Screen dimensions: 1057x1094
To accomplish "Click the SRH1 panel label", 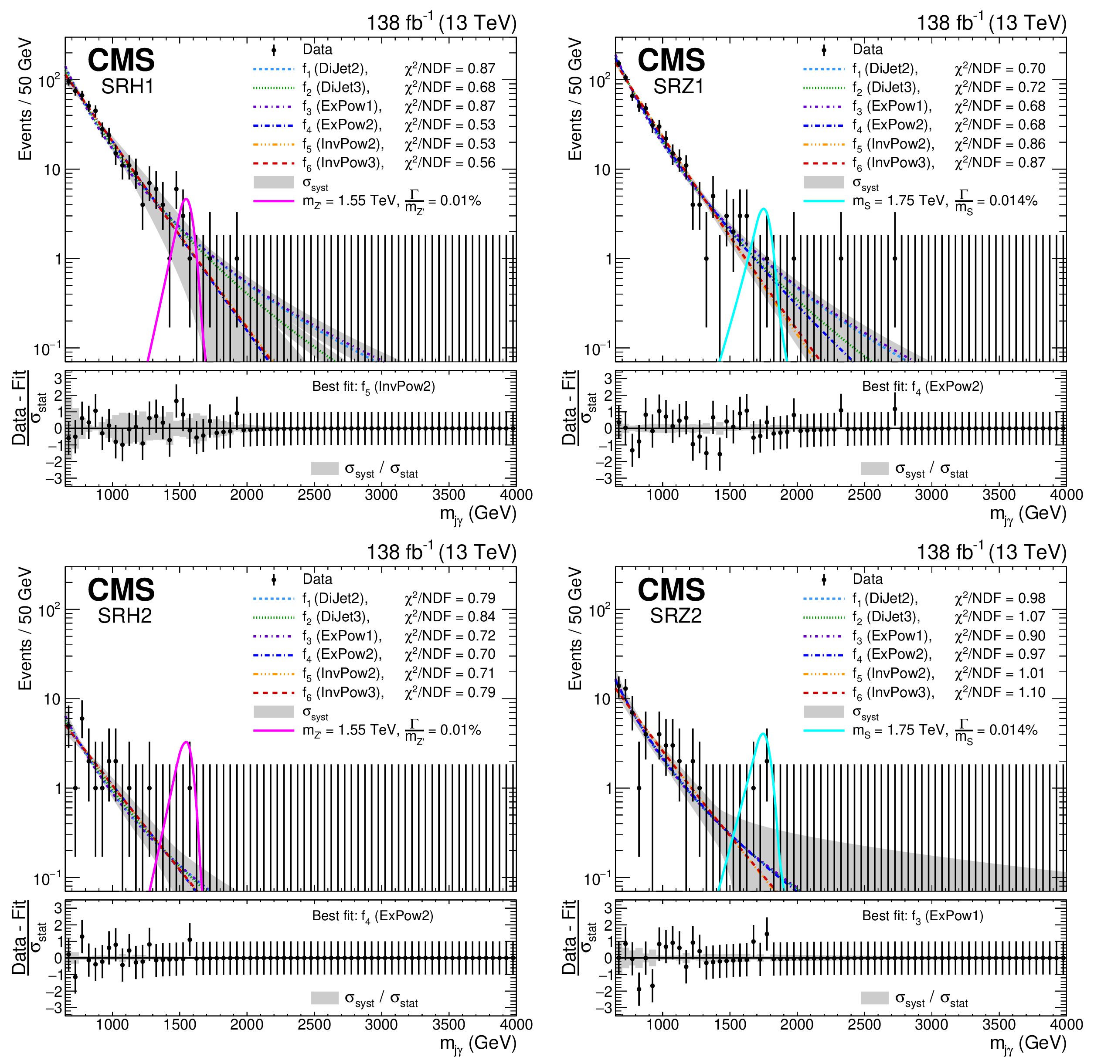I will pyautogui.click(x=127, y=87).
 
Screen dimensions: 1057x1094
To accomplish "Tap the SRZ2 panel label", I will pyautogui.click(x=676, y=616).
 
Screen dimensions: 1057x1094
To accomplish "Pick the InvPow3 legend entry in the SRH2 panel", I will pyautogui.click(x=350, y=693).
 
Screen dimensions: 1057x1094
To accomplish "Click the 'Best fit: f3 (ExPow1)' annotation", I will pyautogui.click(x=923, y=916).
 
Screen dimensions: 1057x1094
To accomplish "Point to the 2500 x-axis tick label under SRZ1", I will pyautogui.click(x=864, y=495).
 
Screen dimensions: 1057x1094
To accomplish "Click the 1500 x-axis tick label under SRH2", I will pyautogui.click(x=180, y=1024).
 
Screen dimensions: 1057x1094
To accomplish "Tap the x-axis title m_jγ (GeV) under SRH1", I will pyautogui.click(x=478, y=513).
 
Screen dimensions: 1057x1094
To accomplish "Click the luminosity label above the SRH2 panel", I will pyautogui.click(x=441, y=552).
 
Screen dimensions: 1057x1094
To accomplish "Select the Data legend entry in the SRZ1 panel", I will pyautogui.click(x=867, y=50).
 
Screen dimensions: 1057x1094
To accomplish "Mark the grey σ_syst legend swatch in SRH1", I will pyautogui.click(x=274, y=183).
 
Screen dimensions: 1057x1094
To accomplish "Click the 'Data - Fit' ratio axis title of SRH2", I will pyautogui.click(x=20, y=937).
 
